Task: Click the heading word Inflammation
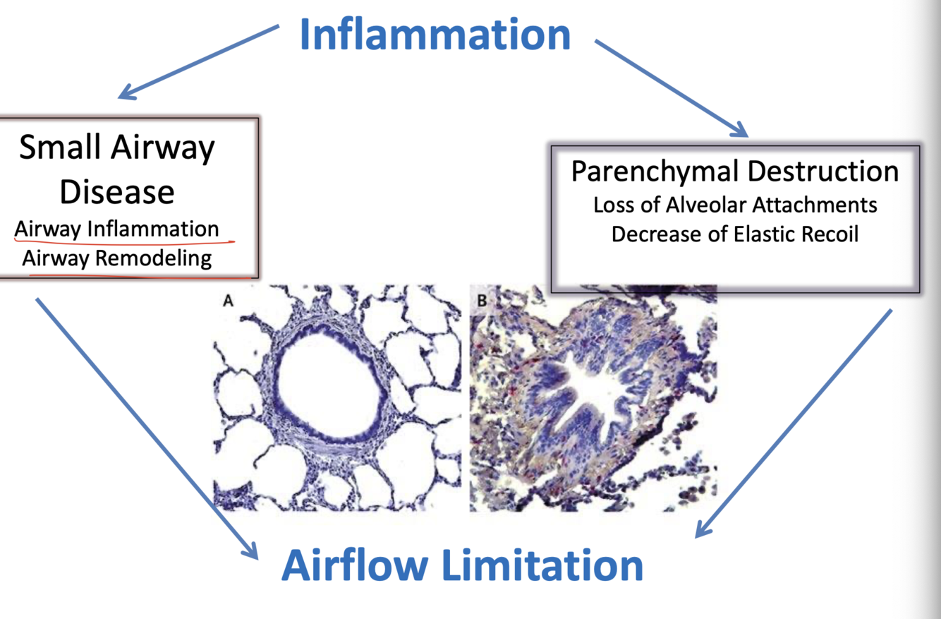click(x=435, y=35)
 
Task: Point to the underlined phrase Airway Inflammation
click(x=116, y=229)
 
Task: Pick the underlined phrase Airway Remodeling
click(x=116, y=258)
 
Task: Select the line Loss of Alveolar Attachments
click(x=735, y=205)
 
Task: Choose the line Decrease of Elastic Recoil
click(x=735, y=234)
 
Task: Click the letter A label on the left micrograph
click(x=228, y=301)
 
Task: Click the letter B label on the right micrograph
click(x=482, y=301)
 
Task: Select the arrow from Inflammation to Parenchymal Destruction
click(x=670, y=87)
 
